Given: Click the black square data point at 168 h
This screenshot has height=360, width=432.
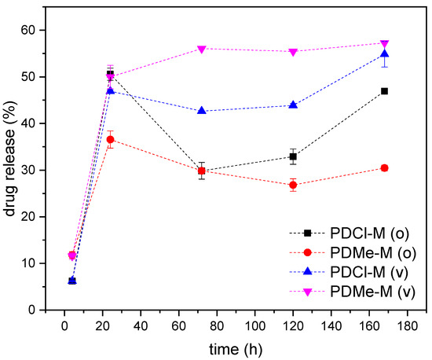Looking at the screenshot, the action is coord(384,91).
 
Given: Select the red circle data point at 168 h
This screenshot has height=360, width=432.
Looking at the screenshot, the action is coord(384,168).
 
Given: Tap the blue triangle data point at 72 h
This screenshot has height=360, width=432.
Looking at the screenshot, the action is coord(202,111).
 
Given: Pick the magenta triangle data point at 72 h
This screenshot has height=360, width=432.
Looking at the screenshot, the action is coord(202,50).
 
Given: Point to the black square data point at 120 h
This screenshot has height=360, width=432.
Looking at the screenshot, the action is coord(293,156).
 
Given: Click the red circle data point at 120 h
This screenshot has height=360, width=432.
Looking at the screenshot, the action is coord(293,185).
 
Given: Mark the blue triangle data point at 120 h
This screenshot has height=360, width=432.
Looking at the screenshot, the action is coord(293,105).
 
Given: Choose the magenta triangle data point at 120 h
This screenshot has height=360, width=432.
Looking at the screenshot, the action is coord(293,53).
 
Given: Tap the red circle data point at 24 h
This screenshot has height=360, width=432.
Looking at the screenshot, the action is coord(110,139).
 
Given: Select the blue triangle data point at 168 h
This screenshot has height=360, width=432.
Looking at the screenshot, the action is coord(384,53).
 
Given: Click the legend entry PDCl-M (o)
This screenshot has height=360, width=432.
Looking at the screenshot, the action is coord(349,233).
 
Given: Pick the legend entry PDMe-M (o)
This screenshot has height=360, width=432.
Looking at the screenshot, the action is coord(353,252).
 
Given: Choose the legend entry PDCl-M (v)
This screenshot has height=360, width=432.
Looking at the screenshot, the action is coord(349,272).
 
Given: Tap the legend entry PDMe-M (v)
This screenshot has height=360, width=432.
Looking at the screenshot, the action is coord(352,292).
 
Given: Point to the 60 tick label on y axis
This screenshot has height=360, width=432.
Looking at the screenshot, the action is coord(28,30).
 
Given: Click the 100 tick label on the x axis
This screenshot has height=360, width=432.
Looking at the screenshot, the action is coord(254,326).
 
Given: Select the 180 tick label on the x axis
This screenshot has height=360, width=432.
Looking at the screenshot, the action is coord(407,326).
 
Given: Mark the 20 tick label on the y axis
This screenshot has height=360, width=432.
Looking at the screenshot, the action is coord(28,217).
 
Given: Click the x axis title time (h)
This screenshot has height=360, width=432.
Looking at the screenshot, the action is coord(236,349).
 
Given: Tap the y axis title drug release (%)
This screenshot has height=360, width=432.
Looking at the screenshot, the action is coord(10,158).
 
